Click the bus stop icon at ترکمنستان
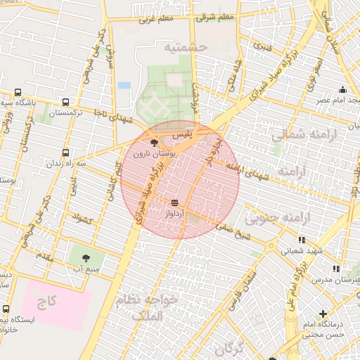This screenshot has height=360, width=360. [x=66, y=101]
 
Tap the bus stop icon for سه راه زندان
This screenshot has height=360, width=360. [x=66, y=152]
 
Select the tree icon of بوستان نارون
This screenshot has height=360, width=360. [x=155, y=143]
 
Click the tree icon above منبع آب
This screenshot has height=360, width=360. [x=86, y=258]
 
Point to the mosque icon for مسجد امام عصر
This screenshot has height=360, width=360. [x=342, y=90]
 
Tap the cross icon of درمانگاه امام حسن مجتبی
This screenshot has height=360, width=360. [x=323, y=314]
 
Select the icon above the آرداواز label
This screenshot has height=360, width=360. [x=174, y=202]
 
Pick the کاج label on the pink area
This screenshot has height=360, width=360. [x=47, y=302]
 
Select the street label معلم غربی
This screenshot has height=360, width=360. [x=156, y=19]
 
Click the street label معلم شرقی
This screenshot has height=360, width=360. [x=215, y=17]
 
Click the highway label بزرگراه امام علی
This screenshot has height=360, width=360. [x=300, y=288]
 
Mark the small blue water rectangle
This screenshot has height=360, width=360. [x=124, y=85]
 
